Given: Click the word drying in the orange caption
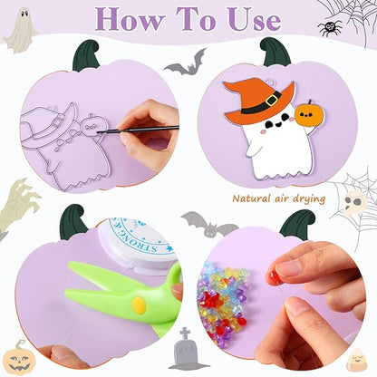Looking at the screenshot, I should [304, 198].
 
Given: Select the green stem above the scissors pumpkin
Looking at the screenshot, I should [72, 222].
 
